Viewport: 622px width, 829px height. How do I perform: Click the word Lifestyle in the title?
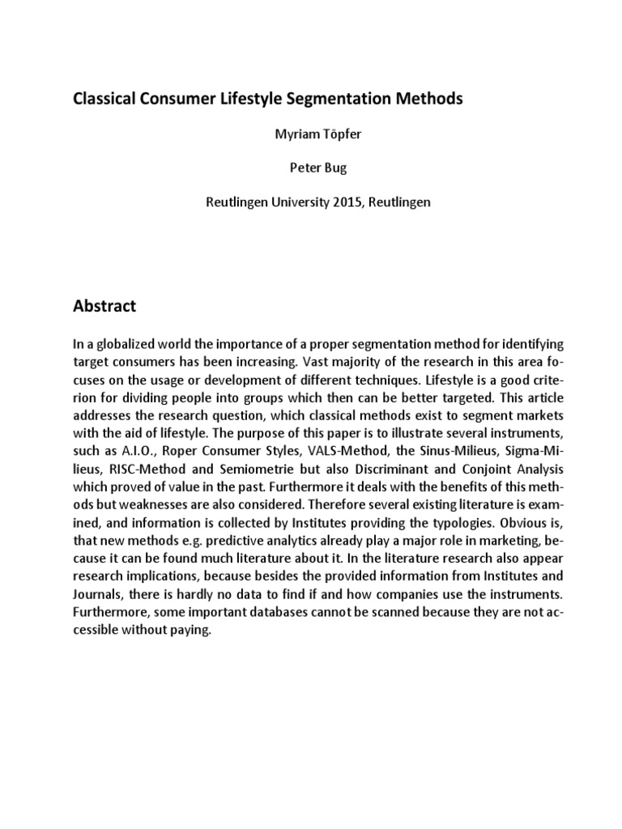pyautogui.click(x=271, y=99)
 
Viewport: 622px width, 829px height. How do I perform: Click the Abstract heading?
pyautogui.click(x=105, y=307)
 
